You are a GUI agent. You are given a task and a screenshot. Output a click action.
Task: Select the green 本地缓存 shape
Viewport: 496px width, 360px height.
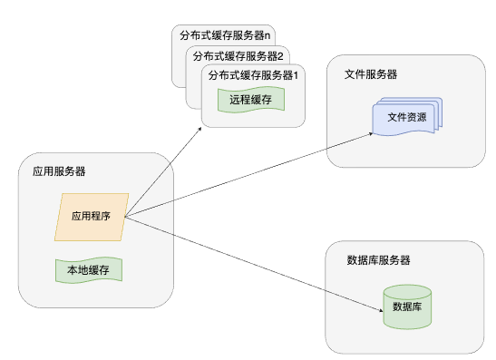87,269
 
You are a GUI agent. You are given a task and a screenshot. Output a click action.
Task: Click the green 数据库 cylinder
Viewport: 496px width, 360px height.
406,306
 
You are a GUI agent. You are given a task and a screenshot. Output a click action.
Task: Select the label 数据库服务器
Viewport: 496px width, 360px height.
379,260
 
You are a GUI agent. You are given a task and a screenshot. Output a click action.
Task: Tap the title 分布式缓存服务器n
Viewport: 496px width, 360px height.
226,36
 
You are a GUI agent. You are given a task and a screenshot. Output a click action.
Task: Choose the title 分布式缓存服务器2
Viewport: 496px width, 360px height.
238,55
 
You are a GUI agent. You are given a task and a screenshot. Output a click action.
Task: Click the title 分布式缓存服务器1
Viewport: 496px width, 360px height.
253,75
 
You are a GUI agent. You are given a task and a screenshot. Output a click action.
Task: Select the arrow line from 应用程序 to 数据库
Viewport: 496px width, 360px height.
254,264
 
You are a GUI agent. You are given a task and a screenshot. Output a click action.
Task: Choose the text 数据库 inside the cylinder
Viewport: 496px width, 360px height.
406,307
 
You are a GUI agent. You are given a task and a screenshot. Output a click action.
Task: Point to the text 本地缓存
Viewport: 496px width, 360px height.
87,269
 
